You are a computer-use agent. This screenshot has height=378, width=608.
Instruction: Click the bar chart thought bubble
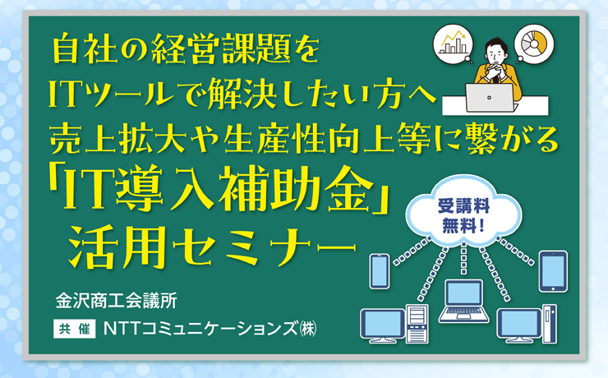coord(454,43)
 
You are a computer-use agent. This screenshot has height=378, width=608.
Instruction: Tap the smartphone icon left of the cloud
coord(380,271)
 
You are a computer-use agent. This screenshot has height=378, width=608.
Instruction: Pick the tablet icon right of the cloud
coord(553,271)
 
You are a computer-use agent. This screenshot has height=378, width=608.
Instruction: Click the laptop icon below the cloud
coord(463,302)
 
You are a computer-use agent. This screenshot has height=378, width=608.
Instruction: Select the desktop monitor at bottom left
coord(383,325)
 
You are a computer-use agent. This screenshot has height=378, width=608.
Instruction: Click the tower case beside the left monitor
coord(417,324)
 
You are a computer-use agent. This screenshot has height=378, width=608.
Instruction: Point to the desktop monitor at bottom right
coord(519,325)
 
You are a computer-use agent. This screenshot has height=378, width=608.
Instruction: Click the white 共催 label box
coord(75,329)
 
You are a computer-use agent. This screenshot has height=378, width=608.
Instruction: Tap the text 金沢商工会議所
coord(117,300)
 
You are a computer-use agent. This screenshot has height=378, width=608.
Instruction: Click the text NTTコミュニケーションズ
coord(201,329)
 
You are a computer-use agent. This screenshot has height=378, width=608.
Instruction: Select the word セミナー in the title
coord(264,247)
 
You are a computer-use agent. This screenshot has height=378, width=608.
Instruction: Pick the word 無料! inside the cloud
coord(463,225)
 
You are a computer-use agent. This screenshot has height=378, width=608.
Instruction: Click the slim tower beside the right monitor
coord(550,324)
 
